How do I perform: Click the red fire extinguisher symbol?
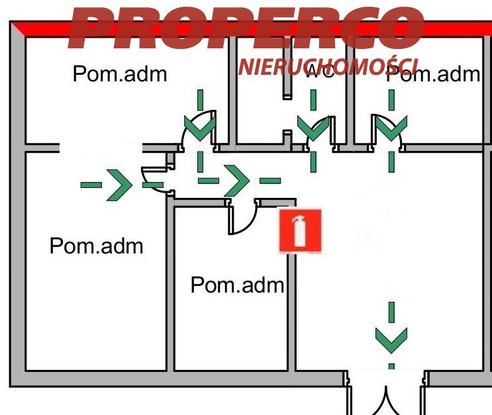click(x=300, y=230)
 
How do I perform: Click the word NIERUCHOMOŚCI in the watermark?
click(x=328, y=66)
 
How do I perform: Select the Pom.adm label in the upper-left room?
click(x=120, y=73)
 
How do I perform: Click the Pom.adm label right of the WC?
click(x=432, y=74)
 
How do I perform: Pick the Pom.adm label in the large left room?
click(x=97, y=246)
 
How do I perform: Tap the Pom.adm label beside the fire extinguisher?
click(x=237, y=285)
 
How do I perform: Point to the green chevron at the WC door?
click(x=313, y=127)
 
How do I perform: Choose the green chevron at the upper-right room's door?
click(x=391, y=128)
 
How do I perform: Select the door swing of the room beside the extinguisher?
click(x=242, y=218)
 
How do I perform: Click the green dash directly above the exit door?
click(x=391, y=366)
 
